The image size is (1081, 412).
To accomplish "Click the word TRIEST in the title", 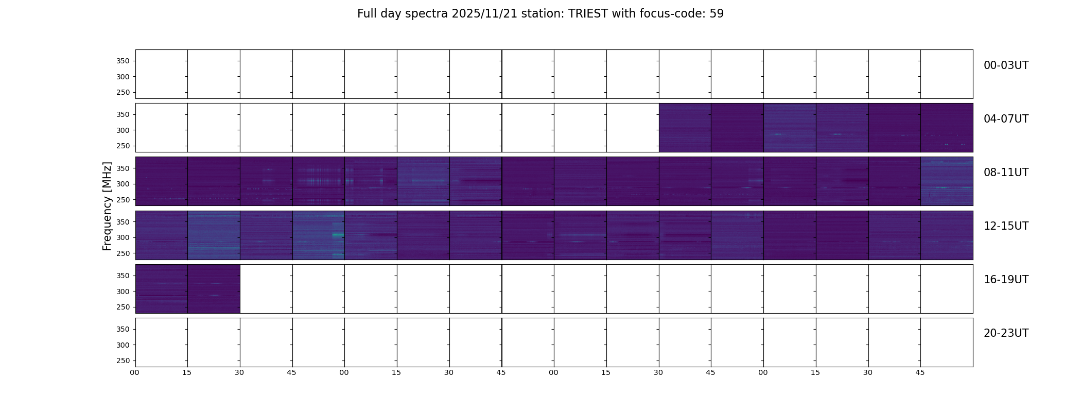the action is point(588,14).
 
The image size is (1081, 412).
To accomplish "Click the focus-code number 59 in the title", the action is point(717,14).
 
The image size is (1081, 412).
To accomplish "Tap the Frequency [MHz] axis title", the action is point(107,206).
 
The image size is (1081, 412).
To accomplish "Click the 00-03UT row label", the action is point(1006,65).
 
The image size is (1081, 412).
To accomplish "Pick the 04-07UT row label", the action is point(1006,119).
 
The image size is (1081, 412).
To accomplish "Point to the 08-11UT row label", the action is point(1006,173).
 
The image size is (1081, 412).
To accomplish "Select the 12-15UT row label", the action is point(1006,226).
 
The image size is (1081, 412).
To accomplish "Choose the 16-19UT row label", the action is point(1006,280).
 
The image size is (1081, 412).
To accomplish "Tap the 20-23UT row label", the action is point(1006,333).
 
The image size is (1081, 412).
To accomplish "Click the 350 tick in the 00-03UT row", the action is point(123,61).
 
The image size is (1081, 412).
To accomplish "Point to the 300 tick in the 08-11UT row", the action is point(123,184).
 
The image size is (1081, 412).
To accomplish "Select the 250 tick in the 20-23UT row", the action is point(123,360).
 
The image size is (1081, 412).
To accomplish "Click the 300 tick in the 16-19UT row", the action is point(123,291).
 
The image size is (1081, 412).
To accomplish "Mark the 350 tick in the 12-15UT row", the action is point(123,222).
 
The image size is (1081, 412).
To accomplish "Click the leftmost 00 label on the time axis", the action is point(134,373).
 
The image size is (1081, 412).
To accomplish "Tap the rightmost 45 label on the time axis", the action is point(920,373).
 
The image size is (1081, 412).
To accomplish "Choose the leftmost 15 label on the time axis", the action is point(187,373).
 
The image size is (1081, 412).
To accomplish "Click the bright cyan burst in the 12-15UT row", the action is point(338,235).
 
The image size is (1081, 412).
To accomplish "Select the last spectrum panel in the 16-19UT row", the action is point(214,289).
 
